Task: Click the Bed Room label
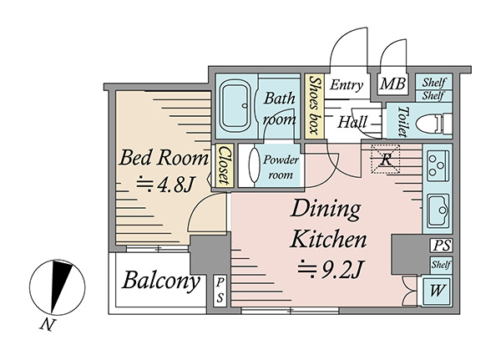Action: (x=164, y=157)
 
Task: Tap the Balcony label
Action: (x=160, y=281)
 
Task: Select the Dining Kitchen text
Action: (x=328, y=224)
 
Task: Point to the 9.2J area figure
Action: (x=330, y=270)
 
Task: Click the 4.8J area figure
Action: (x=164, y=185)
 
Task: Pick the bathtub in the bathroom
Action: (x=235, y=106)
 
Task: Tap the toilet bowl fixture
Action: (x=433, y=122)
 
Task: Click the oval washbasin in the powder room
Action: (x=255, y=165)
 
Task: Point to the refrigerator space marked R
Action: (x=386, y=159)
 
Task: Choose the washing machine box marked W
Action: (x=437, y=291)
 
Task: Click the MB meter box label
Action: (x=392, y=84)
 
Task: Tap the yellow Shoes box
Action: (x=314, y=106)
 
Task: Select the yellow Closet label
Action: (x=224, y=165)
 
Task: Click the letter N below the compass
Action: (x=47, y=325)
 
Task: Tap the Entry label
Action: (x=347, y=85)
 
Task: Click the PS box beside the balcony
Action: (x=220, y=290)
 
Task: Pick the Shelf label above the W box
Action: (x=441, y=265)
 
